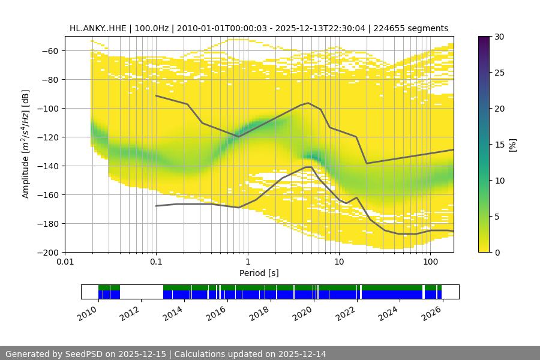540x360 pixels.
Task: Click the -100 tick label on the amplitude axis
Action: pos(49,109)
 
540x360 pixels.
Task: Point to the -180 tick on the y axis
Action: pos(49,224)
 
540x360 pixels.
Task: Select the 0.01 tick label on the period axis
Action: pos(65,262)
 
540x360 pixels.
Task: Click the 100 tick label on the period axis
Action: pos(430,262)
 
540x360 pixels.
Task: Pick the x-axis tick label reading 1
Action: pos(247,262)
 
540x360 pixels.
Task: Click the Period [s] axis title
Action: pos(259,273)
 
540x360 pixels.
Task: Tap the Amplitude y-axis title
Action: pos(26,144)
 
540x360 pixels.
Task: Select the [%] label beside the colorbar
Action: pos(512,145)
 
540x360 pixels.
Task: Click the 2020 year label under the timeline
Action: pos(304,313)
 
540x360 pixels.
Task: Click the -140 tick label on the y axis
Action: pos(49,166)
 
